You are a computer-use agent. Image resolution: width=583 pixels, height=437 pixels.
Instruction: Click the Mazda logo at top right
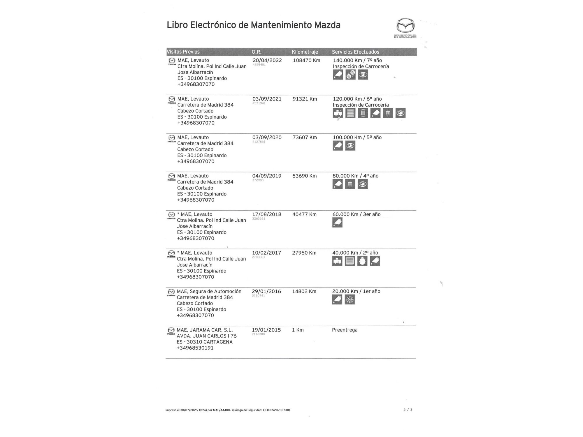(405, 28)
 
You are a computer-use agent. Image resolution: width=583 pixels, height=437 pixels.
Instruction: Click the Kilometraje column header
(305, 52)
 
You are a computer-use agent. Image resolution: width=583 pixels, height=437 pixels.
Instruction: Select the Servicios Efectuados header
(355, 52)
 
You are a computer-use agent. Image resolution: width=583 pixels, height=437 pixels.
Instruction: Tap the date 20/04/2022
(267, 60)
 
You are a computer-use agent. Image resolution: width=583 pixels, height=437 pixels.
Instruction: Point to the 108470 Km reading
(306, 60)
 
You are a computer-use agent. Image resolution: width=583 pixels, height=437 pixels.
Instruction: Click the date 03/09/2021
(267, 99)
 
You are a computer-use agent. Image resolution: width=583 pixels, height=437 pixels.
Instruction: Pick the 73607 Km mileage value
(305, 137)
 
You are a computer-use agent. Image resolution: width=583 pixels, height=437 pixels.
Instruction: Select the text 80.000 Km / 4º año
(355, 176)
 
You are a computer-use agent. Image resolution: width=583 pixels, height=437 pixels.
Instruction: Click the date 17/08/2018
(266, 214)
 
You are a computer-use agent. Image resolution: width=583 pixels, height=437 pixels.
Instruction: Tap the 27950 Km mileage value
(304, 253)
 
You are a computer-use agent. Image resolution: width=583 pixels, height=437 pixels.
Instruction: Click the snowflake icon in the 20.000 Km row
(350, 299)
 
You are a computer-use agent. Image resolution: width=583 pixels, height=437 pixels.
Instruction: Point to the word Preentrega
(345, 330)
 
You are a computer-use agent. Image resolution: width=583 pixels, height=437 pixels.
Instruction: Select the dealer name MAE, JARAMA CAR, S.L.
(205, 330)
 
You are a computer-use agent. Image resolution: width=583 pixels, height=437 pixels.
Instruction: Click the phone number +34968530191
(195, 348)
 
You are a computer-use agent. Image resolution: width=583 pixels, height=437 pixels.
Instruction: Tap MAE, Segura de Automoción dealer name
(209, 291)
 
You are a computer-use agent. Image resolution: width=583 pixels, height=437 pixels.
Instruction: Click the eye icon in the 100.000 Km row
(350, 146)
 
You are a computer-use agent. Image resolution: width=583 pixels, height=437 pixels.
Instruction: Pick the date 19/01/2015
(266, 330)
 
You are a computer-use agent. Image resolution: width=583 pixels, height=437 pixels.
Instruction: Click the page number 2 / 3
(408, 410)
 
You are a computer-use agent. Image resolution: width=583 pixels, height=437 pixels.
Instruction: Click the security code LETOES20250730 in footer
(276, 410)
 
